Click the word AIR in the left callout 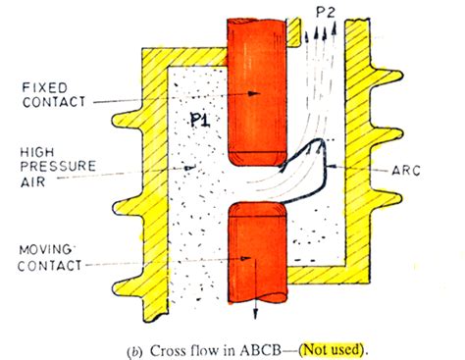tap(29, 181)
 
